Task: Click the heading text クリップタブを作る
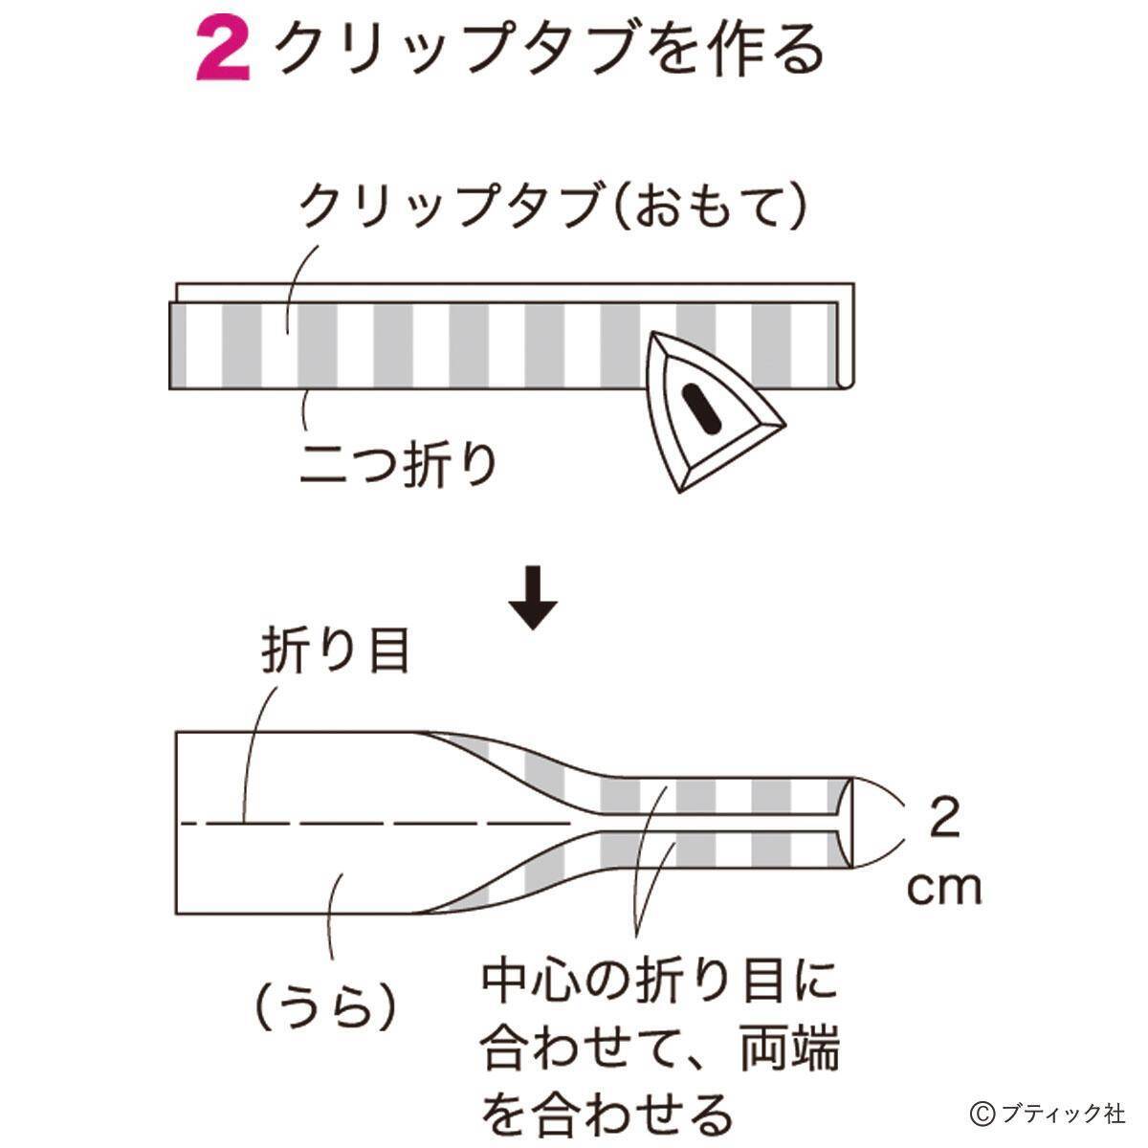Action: click(x=548, y=50)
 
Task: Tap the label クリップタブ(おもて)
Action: click(x=554, y=206)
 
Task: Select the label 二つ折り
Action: click(x=399, y=463)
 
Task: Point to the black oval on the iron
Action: click(x=703, y=406)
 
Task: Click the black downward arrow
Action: click(x=533, y=601)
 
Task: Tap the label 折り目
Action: click(x=335, y=651)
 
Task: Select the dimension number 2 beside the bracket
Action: click(x=944, y=819)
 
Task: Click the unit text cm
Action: click(x=944, y=889)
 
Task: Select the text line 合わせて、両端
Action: click(x=660, y=1048)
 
